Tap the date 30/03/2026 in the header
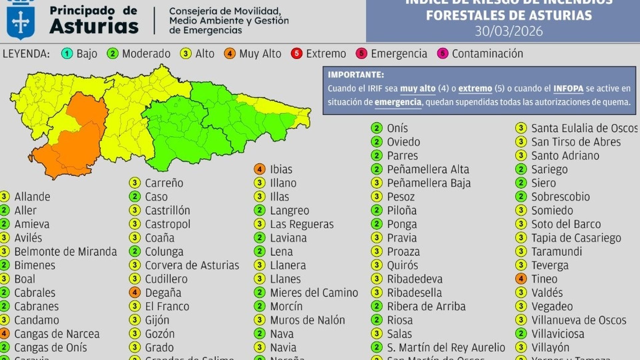coord(509,31)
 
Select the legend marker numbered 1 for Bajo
coord(67,54)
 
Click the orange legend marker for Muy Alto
coord(230,54)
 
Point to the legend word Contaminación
coord(487,54)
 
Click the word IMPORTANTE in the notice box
coord(356,75)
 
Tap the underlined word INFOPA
coord(568,89)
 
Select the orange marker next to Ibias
coord(259,169)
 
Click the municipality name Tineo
coord(544,279)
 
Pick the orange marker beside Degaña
coord(135,293)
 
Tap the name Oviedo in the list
coord(403,142)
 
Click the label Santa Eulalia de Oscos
coord(584,128)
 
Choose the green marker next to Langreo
coord(259,210)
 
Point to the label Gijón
coord(157,320)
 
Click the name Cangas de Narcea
coord(57,334)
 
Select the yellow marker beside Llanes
coord(259,279)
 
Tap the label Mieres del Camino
coord(314,293)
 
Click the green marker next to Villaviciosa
coord(521,334)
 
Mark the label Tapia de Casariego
coord(576,238)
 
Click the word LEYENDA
coord(26,54)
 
